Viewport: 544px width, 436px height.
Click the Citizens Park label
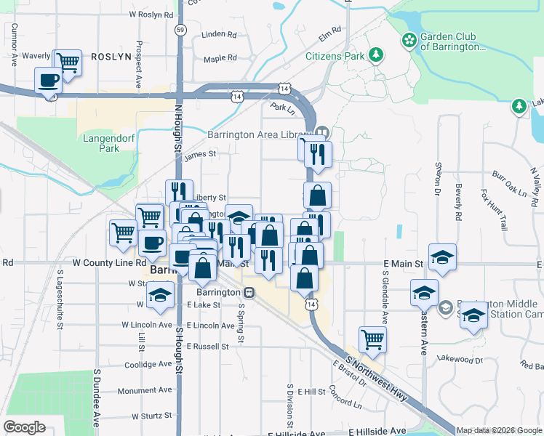click(x=335, y=55)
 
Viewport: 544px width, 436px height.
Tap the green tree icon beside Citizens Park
click(x=376, y=54)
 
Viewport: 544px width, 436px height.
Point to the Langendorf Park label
click(x=100, y=142)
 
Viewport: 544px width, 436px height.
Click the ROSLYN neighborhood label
click(x=110, y=56)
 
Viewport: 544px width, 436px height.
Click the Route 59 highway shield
click(x=180, y=30)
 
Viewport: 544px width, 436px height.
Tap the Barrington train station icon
click(x=249, y=292)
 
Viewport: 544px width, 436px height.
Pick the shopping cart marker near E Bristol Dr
click(x=372, y=339)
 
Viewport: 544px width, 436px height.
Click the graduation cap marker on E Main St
click(x=442, y=257)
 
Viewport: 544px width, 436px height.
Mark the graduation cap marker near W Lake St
click(x=160, y=294)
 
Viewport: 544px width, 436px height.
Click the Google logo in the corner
click(x=25, y=427)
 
